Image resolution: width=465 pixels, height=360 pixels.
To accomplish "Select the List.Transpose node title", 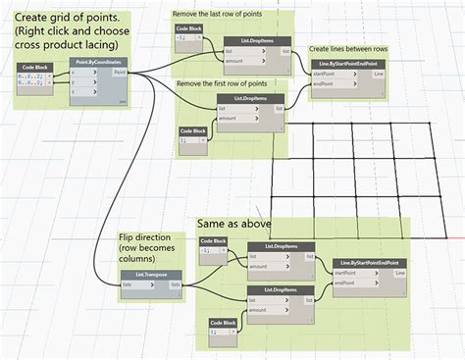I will click(x=144, y=274).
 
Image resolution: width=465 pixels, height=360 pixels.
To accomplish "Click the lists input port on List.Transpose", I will click(x=129, y=284).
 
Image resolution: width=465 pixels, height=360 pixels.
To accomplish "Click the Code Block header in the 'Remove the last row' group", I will click(x=189, y=28).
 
